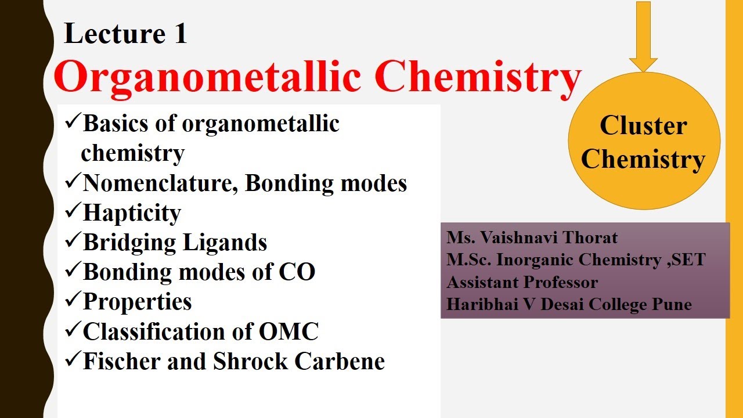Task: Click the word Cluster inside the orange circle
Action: point(643,125)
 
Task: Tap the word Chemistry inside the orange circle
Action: point(643,159)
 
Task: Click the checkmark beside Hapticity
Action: point(73,212)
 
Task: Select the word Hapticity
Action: point(132,213)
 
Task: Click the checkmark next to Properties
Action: point(73,301)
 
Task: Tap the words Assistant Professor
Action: point(522,282)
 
